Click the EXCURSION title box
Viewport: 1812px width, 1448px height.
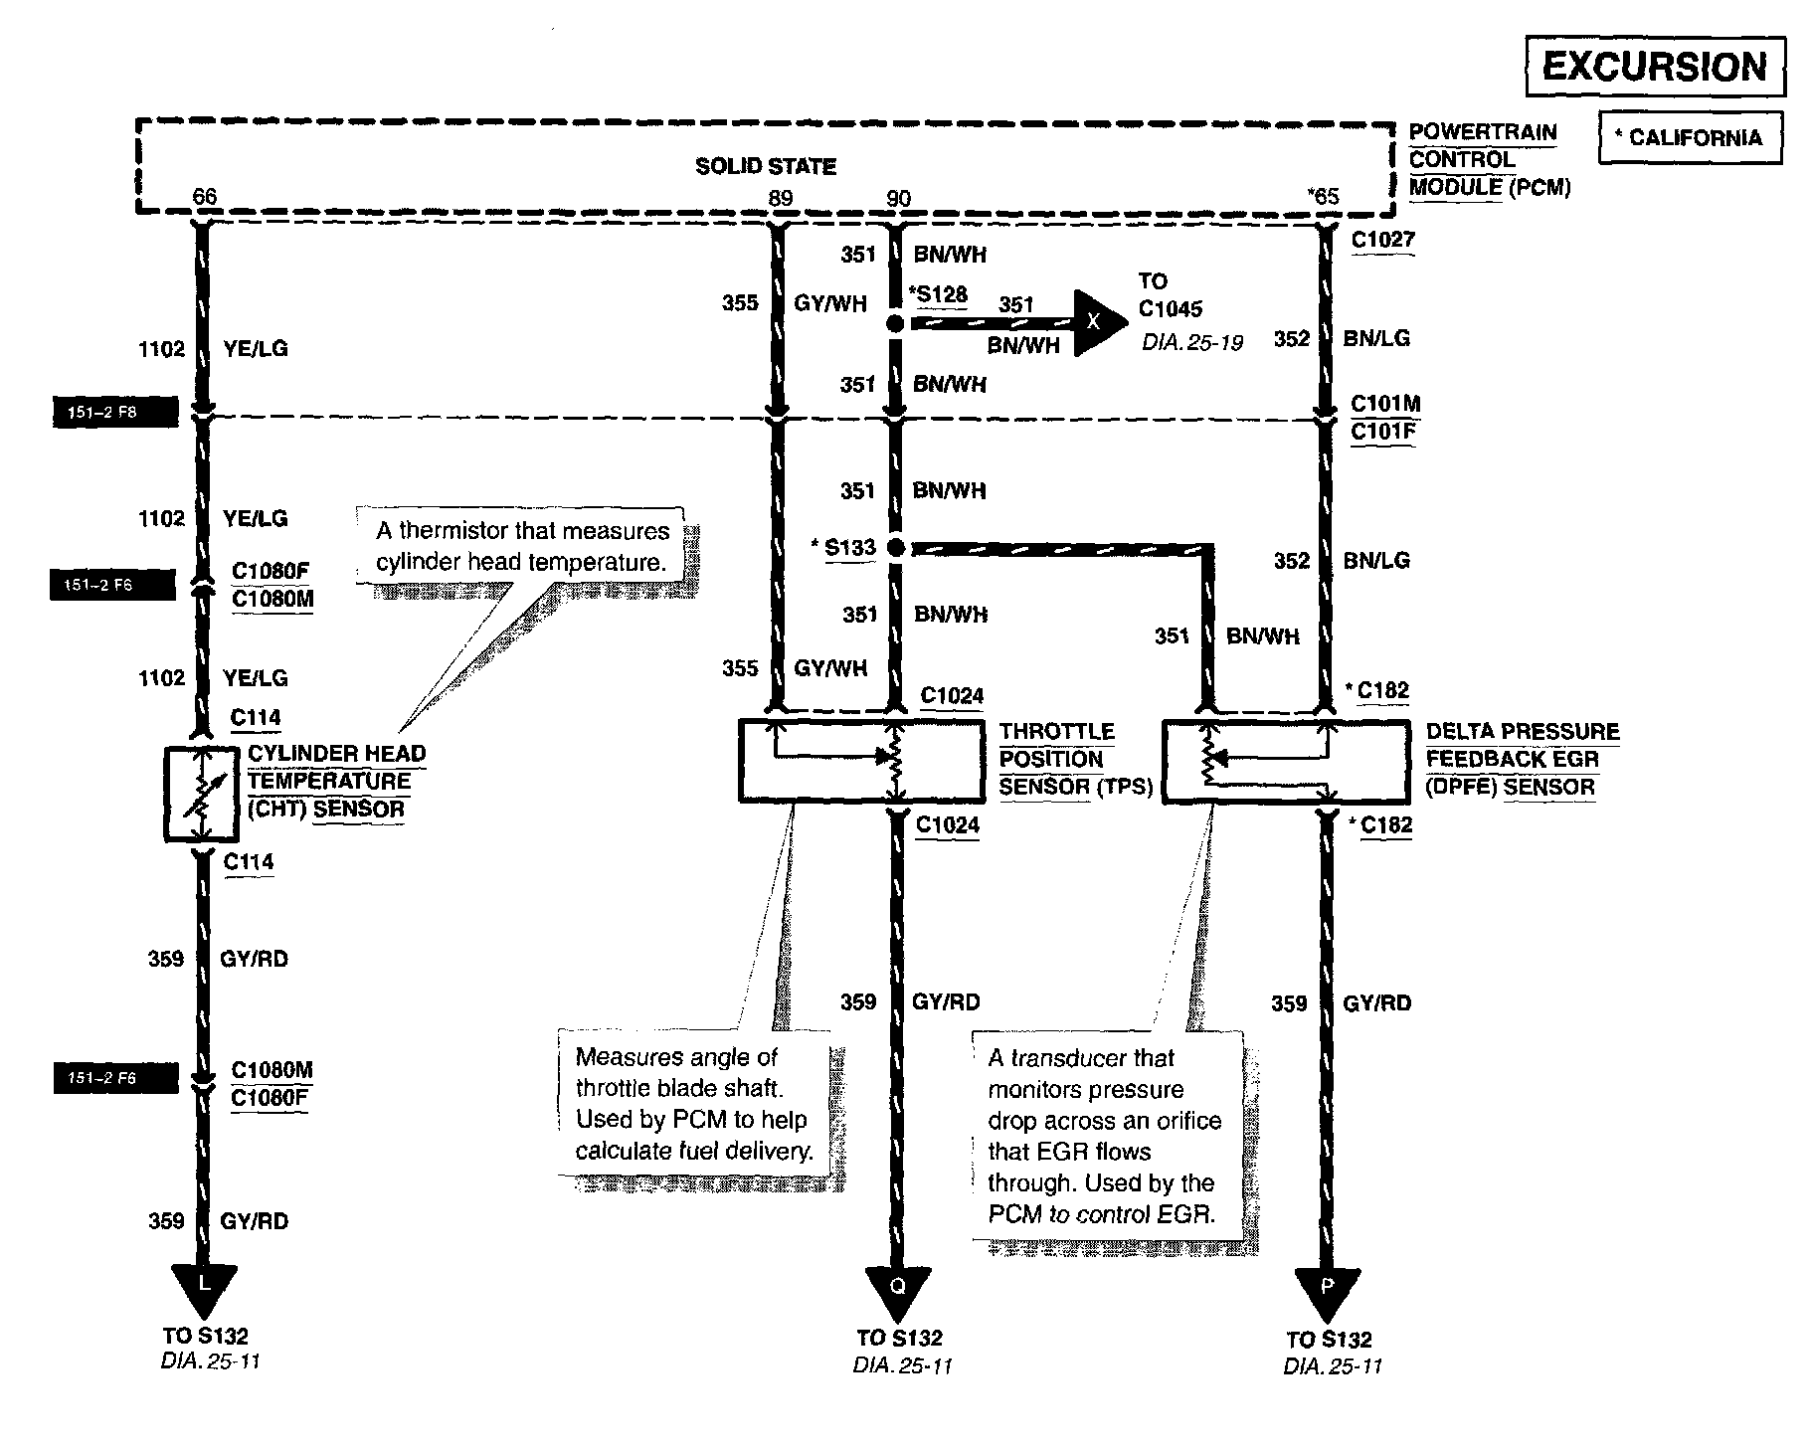[x=1655, y=67]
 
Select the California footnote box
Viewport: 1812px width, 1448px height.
[x=1690, y=137]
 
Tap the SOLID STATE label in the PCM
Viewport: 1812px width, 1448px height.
[x=765, y=166]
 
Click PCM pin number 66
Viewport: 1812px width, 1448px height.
[x=204, y=197]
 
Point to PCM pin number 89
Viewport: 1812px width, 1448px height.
[x=781, y=199]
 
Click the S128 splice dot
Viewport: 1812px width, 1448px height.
[x=895, y=323]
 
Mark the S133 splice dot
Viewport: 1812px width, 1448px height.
[x=895, y=548]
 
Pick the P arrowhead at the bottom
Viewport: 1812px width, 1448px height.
[x=1327, y=1289]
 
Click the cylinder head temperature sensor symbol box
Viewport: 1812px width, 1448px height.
[x=202, y=794]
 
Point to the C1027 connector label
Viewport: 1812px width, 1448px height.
[x=1381, y=240]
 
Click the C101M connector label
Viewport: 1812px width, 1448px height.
[x=1384, y=404]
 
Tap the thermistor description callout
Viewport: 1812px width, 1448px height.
[x=522, y=546]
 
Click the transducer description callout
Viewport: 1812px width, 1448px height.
[x=1103, y=1136]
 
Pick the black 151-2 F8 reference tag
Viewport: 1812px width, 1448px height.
[x=115, y=412]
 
